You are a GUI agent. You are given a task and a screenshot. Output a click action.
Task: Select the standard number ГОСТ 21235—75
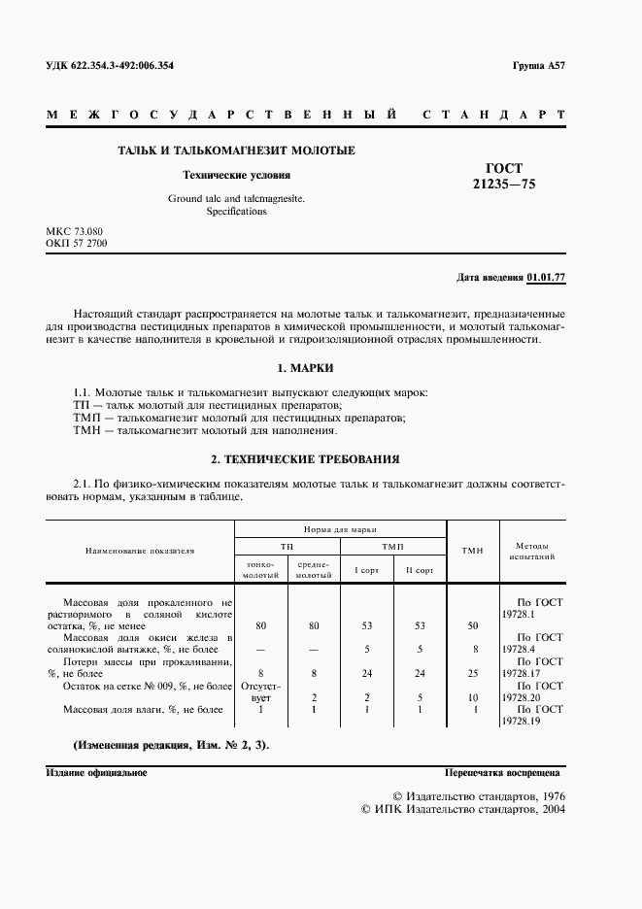(503, 175)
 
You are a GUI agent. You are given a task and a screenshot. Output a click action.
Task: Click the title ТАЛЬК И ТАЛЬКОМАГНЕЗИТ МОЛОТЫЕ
(236, 151)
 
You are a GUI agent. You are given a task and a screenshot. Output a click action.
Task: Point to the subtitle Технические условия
(237, 176)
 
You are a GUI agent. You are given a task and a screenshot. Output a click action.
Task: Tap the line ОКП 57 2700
(77, 244)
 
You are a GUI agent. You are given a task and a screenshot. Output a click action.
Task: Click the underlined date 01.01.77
(546, 278)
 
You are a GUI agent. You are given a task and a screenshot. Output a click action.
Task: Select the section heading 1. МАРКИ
(305, 369)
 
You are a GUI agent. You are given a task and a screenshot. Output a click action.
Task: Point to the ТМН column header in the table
(472, 551)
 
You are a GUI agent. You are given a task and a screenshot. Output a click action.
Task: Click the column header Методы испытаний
(530, 552)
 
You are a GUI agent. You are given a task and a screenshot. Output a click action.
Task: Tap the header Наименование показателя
(140, 551)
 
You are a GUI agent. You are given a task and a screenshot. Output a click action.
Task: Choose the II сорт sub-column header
(420, 570)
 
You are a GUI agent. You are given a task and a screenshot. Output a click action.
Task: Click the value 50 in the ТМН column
(472, 625)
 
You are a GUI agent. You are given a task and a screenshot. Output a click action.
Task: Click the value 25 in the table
(472, 672)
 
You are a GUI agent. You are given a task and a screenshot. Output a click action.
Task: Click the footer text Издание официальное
(96, 772)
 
